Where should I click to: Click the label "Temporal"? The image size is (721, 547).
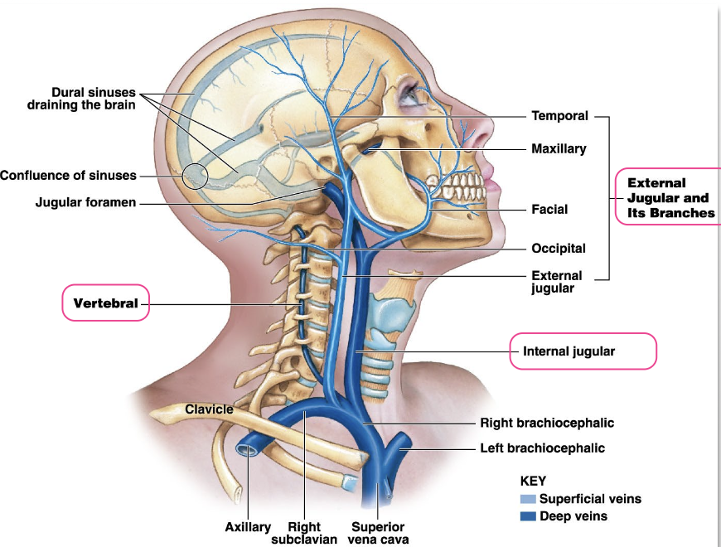tap(559, 116)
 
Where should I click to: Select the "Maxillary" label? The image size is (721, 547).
tap(559, 149)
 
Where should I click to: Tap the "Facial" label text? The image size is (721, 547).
tap(549, 210)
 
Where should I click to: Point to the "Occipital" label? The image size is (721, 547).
tap(559, 248)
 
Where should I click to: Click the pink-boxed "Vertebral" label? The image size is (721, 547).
tap(105, 303)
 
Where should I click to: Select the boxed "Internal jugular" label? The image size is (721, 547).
tap(569, 351)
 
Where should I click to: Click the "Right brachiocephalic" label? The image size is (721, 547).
tap(547, 423)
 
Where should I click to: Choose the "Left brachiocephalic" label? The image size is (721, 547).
tap(542, 448)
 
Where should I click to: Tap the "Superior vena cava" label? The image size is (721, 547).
tap(378, 532)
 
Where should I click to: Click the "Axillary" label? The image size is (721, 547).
tap(248, 527)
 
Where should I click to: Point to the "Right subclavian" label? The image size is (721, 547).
tap(304, 532)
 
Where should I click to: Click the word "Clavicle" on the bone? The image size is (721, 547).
tap(209, 409)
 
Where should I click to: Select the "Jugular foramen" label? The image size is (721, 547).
tap(85, 202)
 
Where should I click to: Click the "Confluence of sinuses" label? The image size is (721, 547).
tap(68, 176)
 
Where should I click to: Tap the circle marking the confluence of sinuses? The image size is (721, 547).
tap(196, 176)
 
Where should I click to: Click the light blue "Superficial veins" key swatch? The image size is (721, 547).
tap(528, 499)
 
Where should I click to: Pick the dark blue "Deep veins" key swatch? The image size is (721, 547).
tap(528, 516)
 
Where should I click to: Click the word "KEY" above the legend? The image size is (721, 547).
tap(533, 481)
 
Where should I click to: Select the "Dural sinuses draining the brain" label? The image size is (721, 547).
tap(80, 99)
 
